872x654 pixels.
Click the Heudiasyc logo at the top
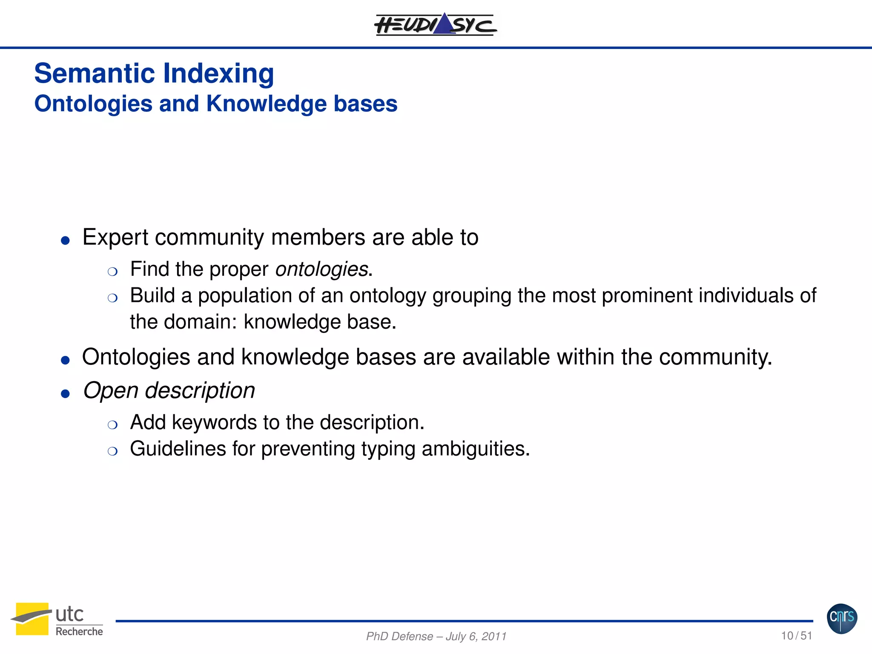435,24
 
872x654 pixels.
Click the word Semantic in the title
94,73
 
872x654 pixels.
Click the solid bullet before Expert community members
65,241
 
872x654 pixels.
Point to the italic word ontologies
321,270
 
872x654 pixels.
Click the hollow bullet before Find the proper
112,272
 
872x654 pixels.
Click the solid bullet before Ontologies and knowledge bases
65,361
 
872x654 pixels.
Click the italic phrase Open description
169,391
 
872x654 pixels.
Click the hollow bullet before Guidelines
112,451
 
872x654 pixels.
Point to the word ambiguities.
476,449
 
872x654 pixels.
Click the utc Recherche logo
57,620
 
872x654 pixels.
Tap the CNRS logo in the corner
842,619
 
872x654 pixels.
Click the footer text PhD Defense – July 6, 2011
436,637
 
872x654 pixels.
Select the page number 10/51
796,636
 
